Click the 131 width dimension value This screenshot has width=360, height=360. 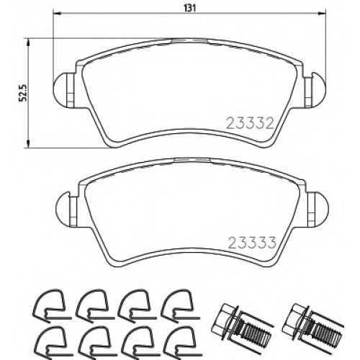pos(189,8)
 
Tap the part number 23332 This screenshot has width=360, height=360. pos(251,124)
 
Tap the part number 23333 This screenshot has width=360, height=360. pos(252,243)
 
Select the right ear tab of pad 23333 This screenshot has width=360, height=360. pos(318,207)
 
